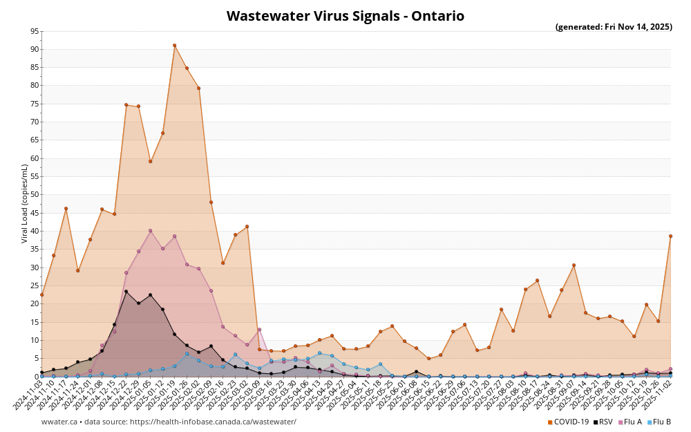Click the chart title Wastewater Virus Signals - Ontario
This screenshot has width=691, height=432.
click(x=345, y=16)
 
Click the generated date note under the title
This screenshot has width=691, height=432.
click(x=614, y=27)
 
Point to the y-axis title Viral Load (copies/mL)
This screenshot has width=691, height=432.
click(x=25, y=203)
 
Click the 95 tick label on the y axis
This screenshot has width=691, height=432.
click(x=35, y=31)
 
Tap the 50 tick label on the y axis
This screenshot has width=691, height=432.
click(x=35, y=195)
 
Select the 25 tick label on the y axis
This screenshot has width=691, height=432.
click(x=35, y=285)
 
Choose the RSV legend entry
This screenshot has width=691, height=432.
click(x=603, y=422)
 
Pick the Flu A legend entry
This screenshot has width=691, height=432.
click(x=630, y=422)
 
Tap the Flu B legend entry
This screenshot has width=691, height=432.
click(x=659, y=422)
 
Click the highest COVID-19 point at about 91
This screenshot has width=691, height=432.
click(x=174, y=46)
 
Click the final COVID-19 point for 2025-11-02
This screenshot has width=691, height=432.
click(x=670, y=236)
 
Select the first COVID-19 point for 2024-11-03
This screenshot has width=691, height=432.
click(x=41, y=294)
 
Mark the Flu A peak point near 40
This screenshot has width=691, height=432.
click(x=150, y=231)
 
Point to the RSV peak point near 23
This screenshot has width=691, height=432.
click(x=126, y=292)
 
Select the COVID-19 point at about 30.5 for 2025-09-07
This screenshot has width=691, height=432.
click(x=574, y=265)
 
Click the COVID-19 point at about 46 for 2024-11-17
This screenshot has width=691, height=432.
click(x=66, y=209)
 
